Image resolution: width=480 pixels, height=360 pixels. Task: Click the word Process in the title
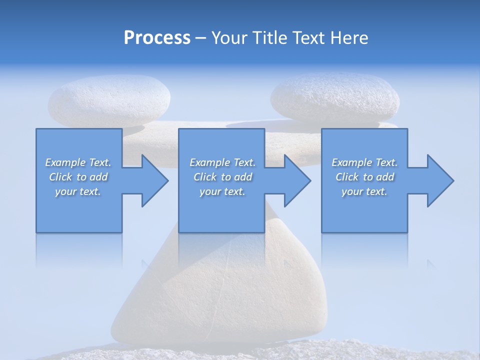[x=157, y=38]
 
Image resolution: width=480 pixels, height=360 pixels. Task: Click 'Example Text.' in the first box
[x=78, y=162]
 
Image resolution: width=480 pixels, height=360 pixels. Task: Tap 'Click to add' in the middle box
[x=222, y=177]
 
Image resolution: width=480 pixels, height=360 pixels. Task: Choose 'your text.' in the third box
[x=364, y=191]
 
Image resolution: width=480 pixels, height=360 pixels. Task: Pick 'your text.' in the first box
[x=78, y=191]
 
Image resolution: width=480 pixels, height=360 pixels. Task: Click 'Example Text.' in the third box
[x=364, y=162]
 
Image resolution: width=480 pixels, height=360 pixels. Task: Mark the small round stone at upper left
[x=109, y=103]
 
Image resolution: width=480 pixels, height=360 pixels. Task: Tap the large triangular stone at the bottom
[x=220, y=295]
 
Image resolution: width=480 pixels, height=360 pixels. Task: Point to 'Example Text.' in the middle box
[x=222, y=162]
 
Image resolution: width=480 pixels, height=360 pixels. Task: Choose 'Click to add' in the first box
[x=78, y=177]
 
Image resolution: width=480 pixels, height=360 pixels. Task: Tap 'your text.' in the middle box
[x=222, y=191]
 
